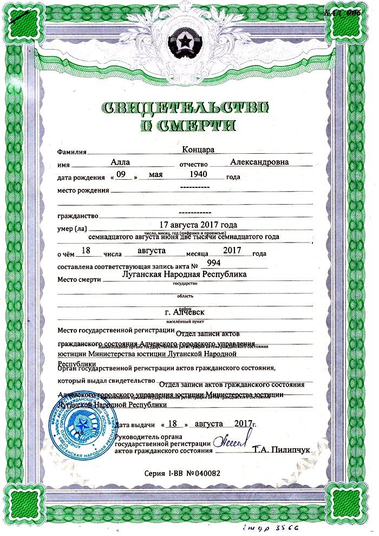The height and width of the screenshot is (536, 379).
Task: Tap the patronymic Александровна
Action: (x=259, y=161)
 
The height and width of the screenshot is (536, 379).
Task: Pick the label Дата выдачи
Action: (x=136, y=425)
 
